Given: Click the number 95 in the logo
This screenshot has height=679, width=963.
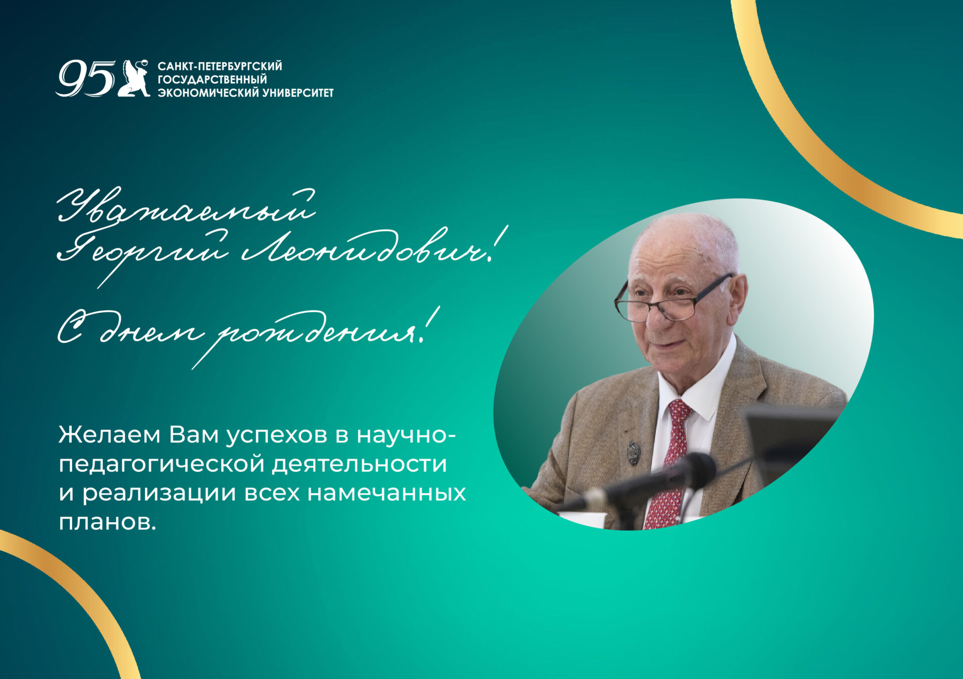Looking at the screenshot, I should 85,78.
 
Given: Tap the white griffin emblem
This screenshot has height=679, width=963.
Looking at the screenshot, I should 134,78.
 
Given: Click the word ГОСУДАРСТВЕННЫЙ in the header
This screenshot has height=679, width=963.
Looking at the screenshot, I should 212,80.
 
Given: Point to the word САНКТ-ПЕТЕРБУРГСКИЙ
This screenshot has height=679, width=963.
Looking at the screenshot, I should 220,66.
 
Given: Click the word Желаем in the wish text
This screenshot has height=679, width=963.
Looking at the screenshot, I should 110,435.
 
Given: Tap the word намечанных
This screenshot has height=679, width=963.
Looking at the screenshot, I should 386,493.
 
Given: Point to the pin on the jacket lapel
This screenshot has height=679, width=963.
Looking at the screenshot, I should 633,452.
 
